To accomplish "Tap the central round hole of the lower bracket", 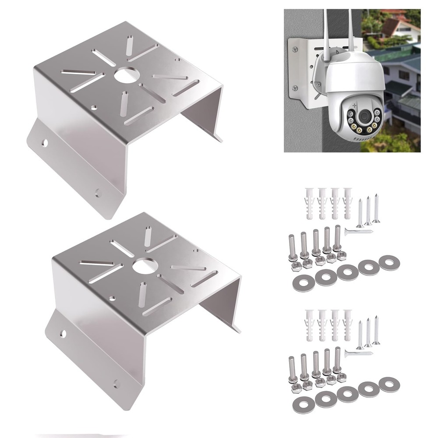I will click(x=143, y=266).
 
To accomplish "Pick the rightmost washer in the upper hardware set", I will click(x=389, y=263).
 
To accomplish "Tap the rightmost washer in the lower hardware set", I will click(x=389, y=384).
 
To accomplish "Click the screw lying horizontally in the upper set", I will click(x=358, y=232).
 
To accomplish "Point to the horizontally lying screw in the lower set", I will click(x=358, y=353).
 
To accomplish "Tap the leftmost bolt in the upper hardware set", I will click(x=292, y=247).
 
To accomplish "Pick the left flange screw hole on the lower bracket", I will click(x=63, y=334).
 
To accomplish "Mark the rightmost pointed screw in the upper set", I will click(x=376, y=208).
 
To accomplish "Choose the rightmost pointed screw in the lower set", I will click(x=376, y=329).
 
